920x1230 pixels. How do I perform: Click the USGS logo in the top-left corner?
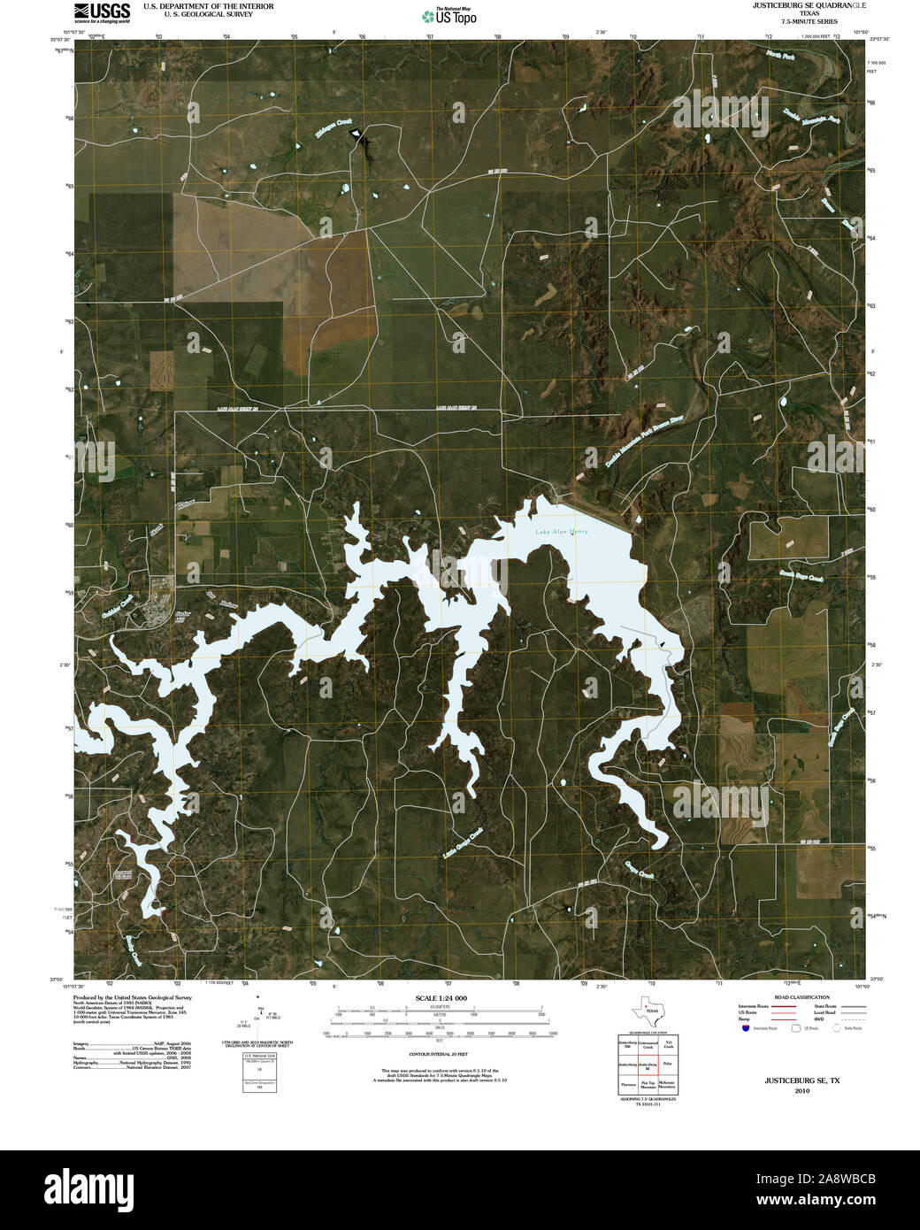[102, 12]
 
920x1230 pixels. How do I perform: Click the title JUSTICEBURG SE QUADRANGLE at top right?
[791, 5]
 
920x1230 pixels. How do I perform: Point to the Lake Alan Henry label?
[561, 532]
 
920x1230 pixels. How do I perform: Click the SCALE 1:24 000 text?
[441, 998]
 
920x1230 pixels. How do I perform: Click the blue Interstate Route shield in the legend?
[746, 1029]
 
